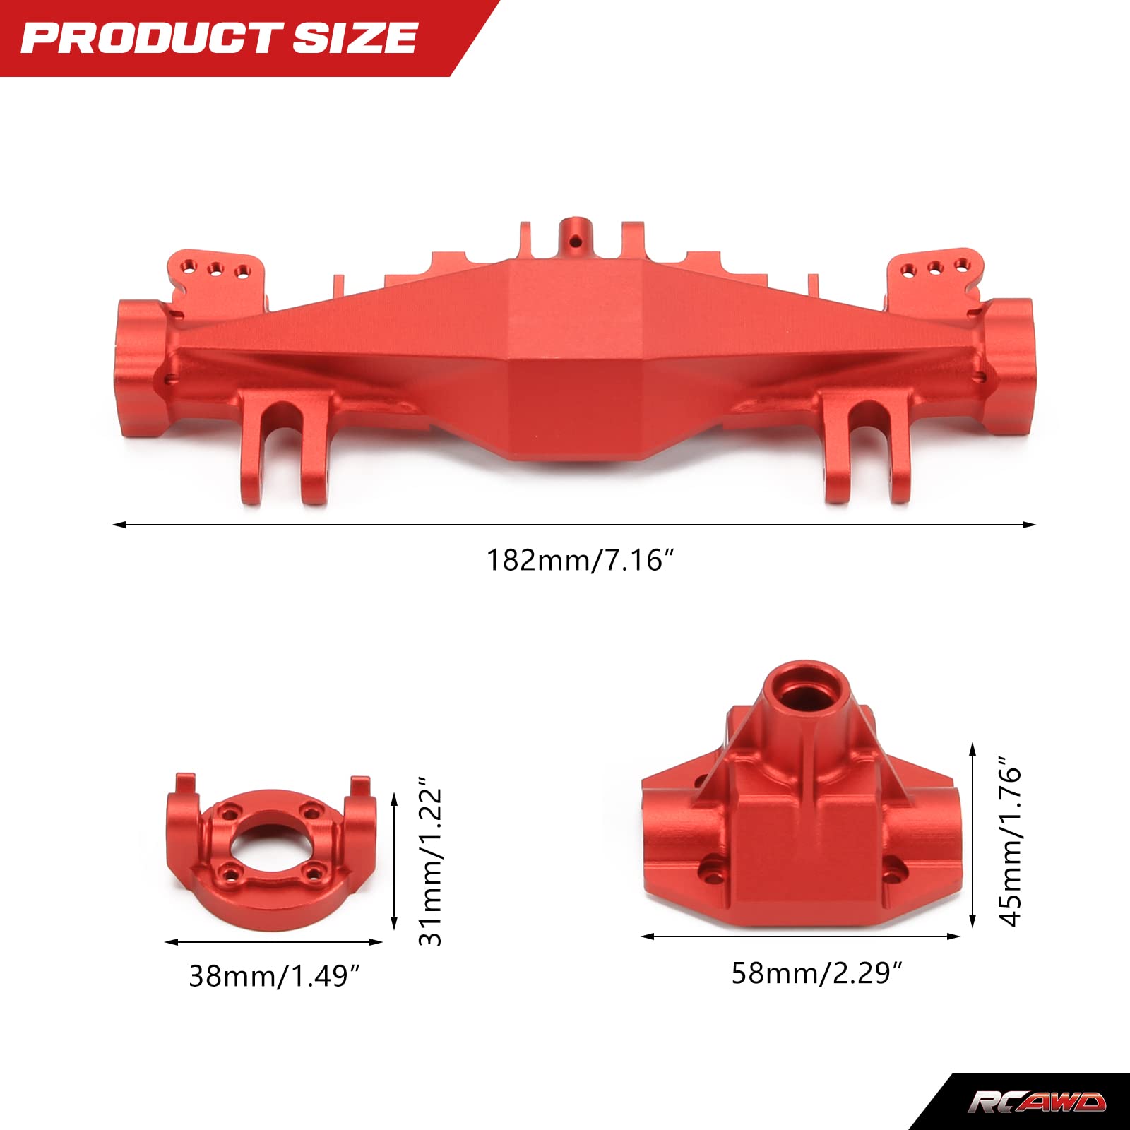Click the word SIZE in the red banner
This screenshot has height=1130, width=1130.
(x=355, y=38)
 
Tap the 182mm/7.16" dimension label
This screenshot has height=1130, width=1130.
(x=580, y=560)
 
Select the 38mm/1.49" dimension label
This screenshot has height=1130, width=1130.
(x=274, y=976)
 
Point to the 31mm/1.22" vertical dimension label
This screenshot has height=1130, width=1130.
(x=430, y=866)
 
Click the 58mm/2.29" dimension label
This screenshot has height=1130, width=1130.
(x=816, y=973)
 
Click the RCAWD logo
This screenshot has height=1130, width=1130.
(x=1036, y=1102)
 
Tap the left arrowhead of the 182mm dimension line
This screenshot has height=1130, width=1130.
(x=119, y=525)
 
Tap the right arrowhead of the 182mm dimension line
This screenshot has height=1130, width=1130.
(x=1029, y=525)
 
